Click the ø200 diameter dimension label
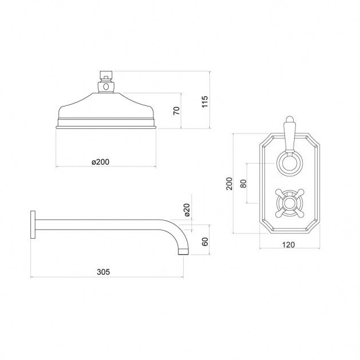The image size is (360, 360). point(100,162)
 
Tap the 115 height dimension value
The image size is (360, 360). point(204,101)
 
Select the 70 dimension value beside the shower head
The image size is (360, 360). point(176,111)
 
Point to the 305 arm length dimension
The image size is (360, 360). point(104,272)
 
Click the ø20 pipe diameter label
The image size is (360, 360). point(187,210)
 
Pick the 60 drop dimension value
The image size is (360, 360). point(204,242)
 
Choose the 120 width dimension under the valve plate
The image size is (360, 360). point(288,245)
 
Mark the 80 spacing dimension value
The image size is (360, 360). point(243,183)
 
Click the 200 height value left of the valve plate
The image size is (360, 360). point(229,184)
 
